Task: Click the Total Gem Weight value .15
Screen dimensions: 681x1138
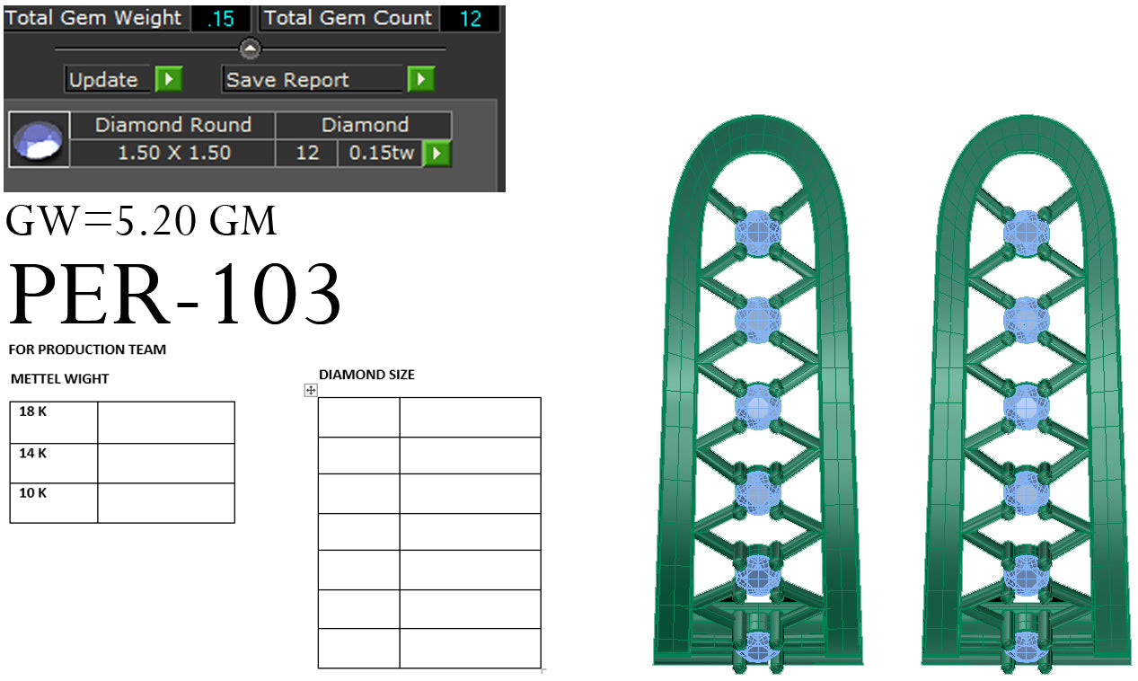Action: point(220,19)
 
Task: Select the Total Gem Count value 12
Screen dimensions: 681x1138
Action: point(471,19)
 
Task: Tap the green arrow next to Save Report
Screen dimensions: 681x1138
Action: point(420,80)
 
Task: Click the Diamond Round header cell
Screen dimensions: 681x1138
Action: point(172,125)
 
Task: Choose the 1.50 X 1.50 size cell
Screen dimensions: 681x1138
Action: point(172,153)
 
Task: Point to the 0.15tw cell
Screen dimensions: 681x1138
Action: point(381,153)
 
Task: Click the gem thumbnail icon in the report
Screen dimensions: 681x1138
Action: point(39,140)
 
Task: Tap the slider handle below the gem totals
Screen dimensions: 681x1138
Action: point(251,49)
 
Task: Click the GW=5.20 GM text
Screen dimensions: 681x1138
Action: point(141,221)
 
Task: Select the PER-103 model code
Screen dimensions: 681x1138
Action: point(175,295)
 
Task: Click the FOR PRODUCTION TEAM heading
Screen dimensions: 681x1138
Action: point(87,349)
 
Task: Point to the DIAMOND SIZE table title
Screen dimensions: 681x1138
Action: point(366,375)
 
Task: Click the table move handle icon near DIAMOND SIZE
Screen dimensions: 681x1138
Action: point(311,390)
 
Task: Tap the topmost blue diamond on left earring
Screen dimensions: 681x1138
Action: point(758,232)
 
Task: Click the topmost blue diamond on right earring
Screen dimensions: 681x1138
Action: point(1026,232)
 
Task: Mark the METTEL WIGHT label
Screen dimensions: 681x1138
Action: point(59,379)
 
